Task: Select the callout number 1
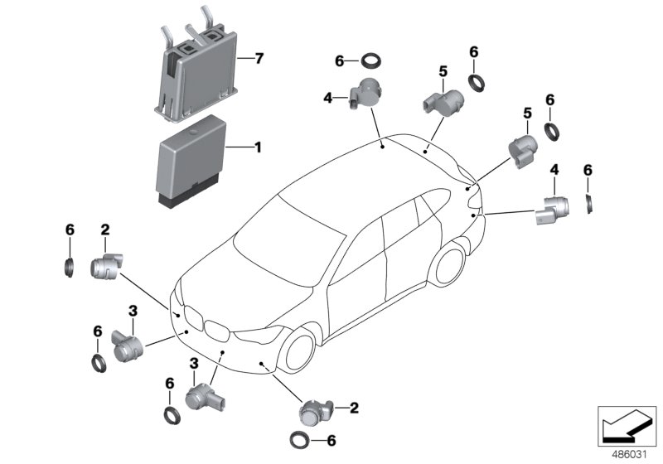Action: tap(258, 147)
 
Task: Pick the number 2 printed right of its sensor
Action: tap(354, 408)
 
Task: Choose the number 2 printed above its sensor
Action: tap(105, 230)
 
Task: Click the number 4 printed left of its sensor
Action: tap(327, 99)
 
